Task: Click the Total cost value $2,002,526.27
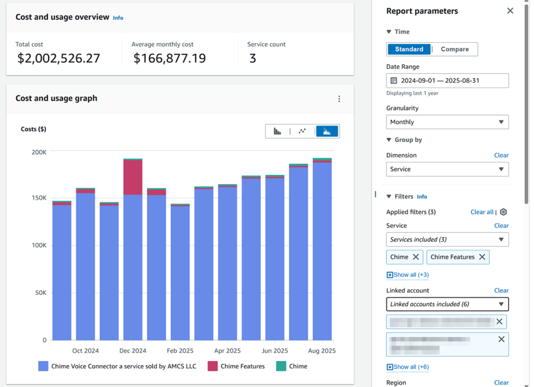point(58,58)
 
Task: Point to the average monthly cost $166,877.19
point(169,58)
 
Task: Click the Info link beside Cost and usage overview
point(118,18)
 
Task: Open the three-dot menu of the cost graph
point(339,99)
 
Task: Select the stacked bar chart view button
point(327,131)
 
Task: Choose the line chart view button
point(302,131)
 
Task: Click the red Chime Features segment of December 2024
point(132,178)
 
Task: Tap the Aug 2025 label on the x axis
point(322,351)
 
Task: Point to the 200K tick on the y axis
point(39,152)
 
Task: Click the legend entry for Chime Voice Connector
point(123,366)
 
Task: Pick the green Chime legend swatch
point(281,366)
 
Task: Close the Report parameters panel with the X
point(510,11)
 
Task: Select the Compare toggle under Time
point(455,49)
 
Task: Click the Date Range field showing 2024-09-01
point(447,81)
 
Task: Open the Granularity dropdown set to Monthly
point(447,122)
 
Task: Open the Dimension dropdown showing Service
point(447,169)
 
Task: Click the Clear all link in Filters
point(481,212)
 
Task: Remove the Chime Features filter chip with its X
point(482,257)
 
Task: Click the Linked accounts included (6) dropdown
point(447,304)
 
